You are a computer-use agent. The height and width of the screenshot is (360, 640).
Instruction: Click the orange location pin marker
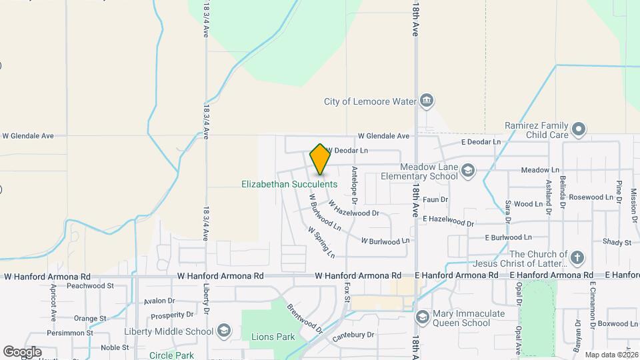click(321, 159)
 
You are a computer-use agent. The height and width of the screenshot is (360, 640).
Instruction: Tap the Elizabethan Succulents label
click(289, 184)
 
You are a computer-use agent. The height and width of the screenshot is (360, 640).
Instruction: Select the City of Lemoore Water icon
click(427, 101)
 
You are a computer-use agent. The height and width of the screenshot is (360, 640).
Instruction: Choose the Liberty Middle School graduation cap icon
click(224, 331)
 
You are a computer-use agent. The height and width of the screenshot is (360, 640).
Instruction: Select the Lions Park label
click(273, 337)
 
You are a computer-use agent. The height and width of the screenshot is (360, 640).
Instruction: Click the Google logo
click(22, 351)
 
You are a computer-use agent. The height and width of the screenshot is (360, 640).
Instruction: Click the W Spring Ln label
click(321, 242)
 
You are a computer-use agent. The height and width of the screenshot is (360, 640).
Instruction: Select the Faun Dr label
click(435, 199)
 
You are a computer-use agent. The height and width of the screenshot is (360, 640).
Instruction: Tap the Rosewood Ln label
click(590, 197)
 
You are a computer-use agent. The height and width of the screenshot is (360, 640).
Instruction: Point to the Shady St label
click(617, 242)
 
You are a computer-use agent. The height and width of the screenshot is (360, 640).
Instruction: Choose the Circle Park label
click(171, 355)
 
